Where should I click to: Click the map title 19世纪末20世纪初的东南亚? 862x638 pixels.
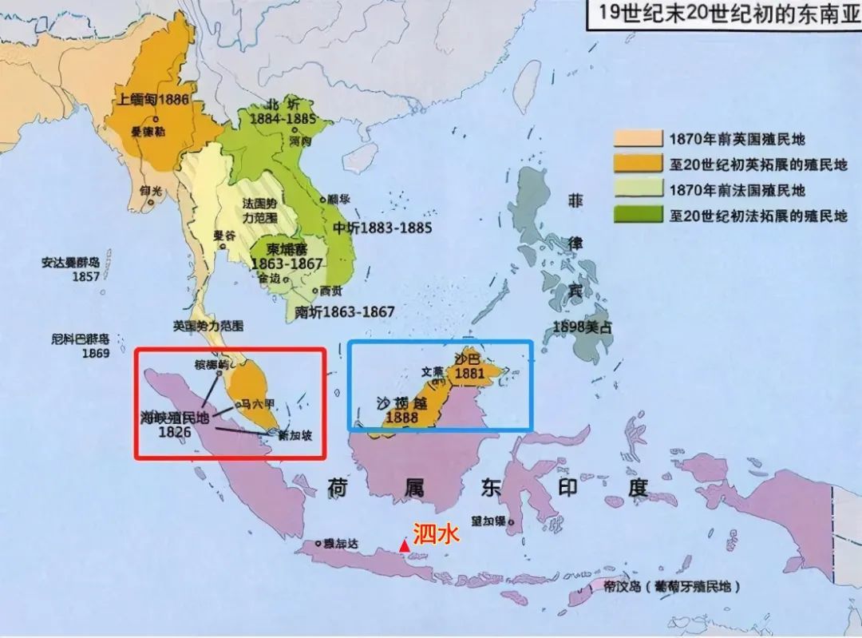click(725, 14)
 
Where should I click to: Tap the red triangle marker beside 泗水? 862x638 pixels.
click(405, 545)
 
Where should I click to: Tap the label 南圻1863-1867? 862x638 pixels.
click(345, 311)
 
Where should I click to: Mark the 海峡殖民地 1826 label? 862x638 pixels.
click(174, 423)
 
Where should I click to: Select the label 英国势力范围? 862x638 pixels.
click(208, 327)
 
